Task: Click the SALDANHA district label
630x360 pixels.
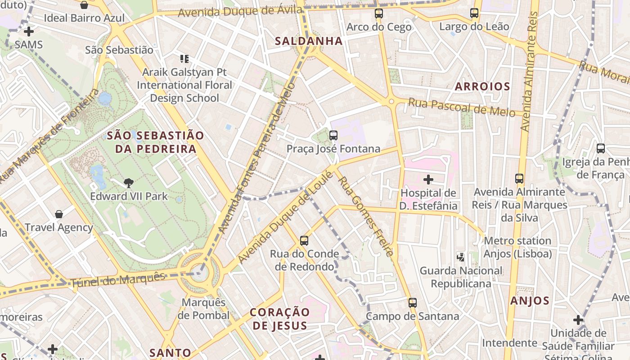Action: [x=309, y=41]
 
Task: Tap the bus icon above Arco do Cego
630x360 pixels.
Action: [x=379, y=13]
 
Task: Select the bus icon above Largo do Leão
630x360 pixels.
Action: [x=474, y=13]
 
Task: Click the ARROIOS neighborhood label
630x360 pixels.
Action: [x=482, y=86]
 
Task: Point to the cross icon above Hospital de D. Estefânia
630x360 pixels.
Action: [x=428, y=180]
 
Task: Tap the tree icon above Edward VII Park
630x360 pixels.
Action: [x=129, y=183]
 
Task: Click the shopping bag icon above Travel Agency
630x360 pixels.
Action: [x=58, y=214]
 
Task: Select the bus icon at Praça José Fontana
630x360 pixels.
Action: [x=333, y=135]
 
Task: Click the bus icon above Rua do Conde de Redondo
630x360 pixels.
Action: [x=304, y=240]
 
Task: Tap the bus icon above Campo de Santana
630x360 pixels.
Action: [x=413, y=303]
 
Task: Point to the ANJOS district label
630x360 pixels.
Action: [x=530, y=301]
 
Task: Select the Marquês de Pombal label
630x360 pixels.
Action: [x=203, y=309]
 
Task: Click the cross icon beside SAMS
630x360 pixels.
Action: [x=29, y=31]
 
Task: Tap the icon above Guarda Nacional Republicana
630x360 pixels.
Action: [x=460, y=257]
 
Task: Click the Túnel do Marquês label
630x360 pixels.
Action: [x=118, y=279]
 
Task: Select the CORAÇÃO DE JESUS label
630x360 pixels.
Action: [x=280, y=319]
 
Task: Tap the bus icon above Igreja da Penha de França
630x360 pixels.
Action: [x=600, y=148]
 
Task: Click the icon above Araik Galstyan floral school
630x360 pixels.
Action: [x=184, y=58]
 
